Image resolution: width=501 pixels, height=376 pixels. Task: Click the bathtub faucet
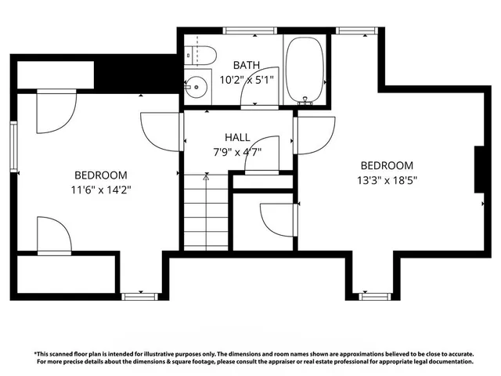pos(306,99)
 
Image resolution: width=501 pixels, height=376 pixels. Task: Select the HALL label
pos(237,137)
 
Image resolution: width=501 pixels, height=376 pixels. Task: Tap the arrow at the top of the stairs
pos(207,178)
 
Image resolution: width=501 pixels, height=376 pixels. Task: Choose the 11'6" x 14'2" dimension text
pos(100,189)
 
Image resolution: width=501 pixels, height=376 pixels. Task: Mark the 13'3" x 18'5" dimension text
pos(386,179)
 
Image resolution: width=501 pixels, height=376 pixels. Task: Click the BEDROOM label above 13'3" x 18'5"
pos(386,165)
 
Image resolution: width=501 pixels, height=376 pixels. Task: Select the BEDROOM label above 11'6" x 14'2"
pos(100,175)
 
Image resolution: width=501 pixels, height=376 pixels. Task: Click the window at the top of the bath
pos(250,31)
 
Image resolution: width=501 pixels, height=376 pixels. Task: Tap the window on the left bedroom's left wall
pos(13,145)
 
